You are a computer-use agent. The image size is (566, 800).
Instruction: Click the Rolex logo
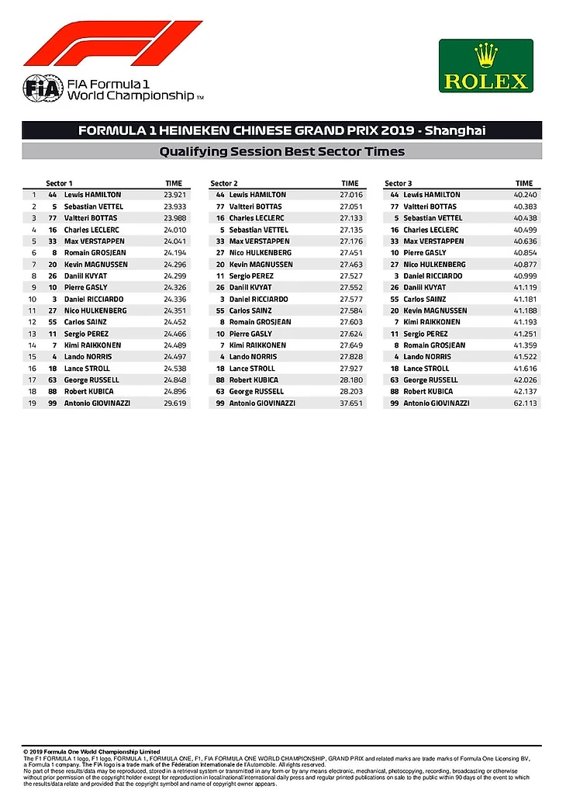[x=485, y=66]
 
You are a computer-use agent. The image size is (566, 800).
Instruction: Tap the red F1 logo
[x=113, y=43]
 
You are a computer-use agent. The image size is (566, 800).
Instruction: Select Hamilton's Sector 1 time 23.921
[x=173, y=195]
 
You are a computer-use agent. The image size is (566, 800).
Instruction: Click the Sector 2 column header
[x=224, y=182]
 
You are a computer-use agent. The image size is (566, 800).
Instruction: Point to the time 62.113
[x=525, y=403]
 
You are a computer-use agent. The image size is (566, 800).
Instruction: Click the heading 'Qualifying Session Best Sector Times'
[x=281, y=151]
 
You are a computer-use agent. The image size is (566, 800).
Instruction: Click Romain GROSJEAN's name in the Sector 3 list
[x=434, y=345]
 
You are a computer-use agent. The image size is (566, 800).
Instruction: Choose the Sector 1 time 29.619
[x=173, y=403]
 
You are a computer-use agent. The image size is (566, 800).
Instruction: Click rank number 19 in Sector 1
[x=33, y=403]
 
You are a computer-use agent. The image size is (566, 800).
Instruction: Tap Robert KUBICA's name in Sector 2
[x=252, y=380]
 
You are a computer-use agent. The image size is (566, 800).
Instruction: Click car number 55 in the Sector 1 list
[x=53, y=322]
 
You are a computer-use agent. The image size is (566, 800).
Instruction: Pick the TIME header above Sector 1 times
[x=174, y=182]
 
